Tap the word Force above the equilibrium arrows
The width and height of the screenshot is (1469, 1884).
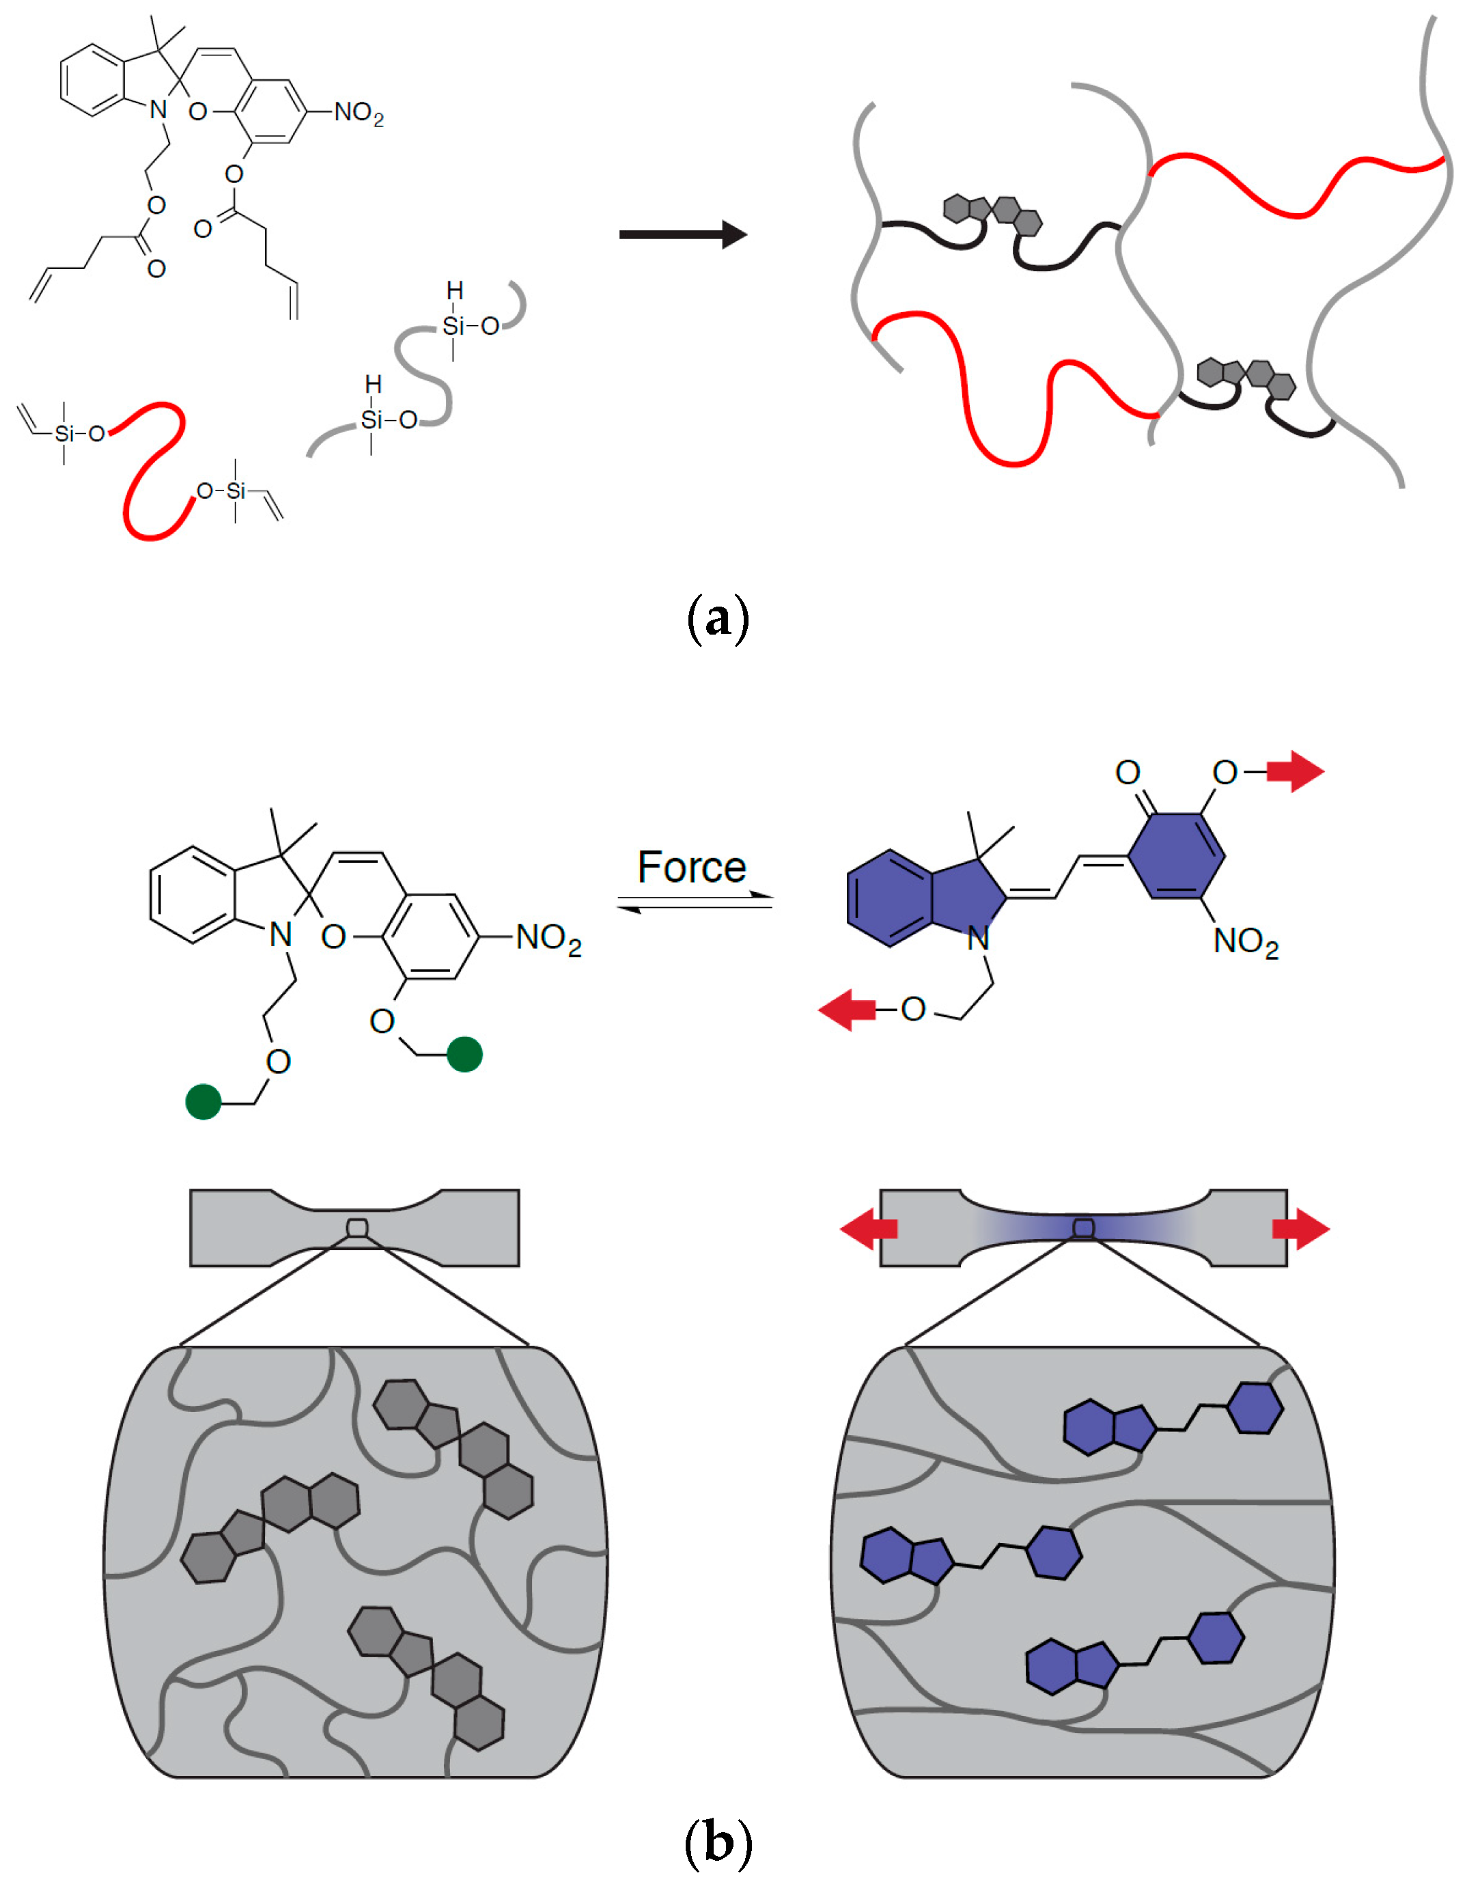click(691, 867)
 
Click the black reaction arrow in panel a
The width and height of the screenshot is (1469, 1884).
click(682, 234)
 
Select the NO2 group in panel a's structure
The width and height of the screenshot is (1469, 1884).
click(359, 113)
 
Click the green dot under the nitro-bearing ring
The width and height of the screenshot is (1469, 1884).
click(465, 1054)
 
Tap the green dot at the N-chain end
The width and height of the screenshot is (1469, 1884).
click(204, 1102)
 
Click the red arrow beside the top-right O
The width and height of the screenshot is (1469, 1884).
click(1296, 771)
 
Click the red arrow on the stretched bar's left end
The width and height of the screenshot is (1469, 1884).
click(869, 1228)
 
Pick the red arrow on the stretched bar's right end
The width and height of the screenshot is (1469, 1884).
click(1301, 1228)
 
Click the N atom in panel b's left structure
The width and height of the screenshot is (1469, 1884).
click(280, 934)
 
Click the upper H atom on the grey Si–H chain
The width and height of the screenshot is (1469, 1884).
click(455, 292)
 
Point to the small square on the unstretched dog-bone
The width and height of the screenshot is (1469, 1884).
click(357, 1227)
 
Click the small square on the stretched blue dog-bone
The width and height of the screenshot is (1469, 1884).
click(1083, 1228)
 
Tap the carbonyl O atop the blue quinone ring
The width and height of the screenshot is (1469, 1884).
click(1128, 772)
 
